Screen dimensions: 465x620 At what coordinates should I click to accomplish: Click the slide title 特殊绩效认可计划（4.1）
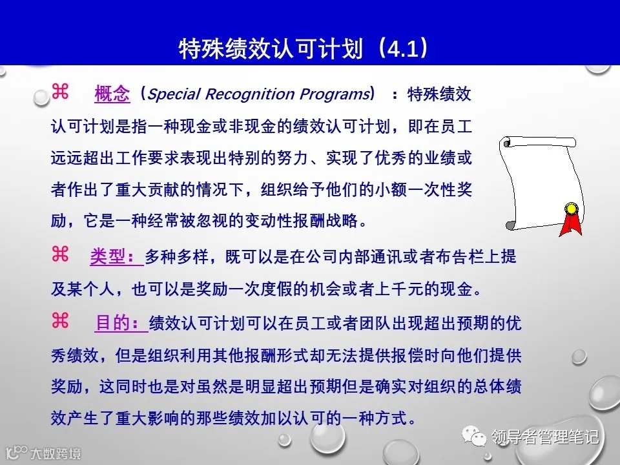click(303, 49)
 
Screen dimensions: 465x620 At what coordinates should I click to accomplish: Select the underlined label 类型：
click(116, 256)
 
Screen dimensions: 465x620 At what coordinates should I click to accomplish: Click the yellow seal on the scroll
click(571, 209)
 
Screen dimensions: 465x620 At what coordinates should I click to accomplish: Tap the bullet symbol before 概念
click(60, 93)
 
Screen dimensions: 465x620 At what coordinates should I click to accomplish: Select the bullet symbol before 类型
click(60, 255)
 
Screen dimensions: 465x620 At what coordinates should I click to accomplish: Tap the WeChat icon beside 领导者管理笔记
click(479, 437)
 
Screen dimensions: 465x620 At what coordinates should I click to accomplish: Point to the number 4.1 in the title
click(402, 49)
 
